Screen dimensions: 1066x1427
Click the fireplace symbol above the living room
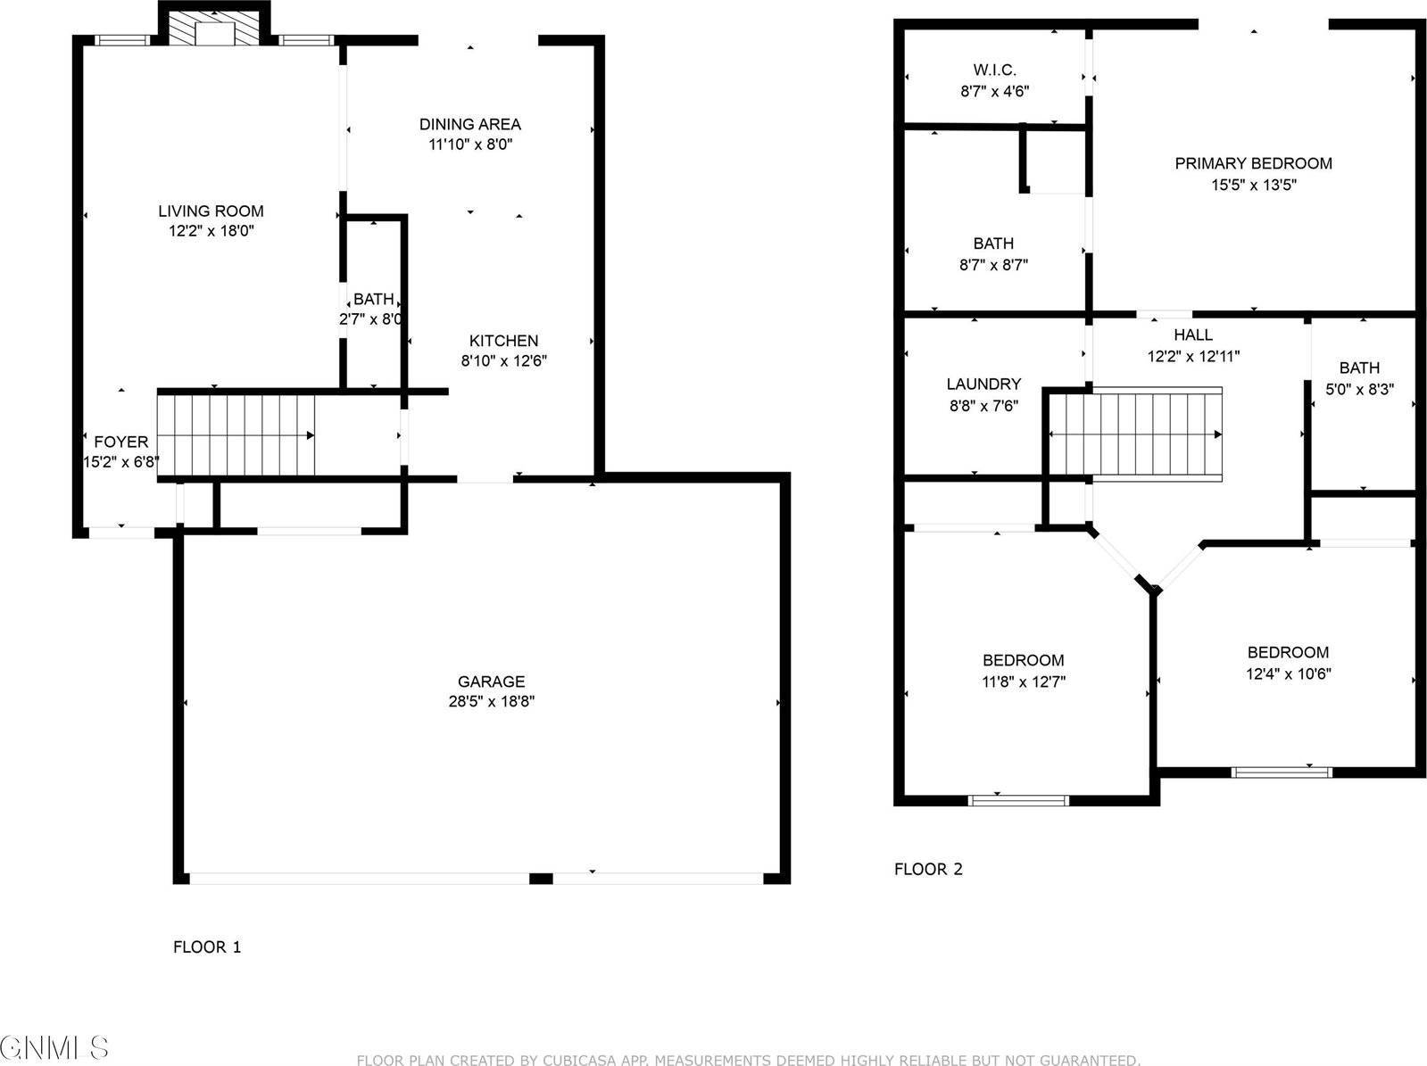213,29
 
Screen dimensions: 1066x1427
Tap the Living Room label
211,211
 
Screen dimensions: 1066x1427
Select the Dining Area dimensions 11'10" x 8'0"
470,145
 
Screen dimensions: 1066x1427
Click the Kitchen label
503,341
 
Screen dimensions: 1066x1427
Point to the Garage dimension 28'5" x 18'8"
491,702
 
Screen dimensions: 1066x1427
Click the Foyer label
121,442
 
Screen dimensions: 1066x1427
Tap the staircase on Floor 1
236,435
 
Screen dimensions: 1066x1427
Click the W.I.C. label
994,70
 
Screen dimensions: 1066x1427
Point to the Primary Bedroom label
1253,163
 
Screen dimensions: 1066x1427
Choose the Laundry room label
983,384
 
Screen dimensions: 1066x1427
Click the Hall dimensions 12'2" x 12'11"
1193,356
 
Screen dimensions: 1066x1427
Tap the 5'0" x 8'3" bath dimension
1359,389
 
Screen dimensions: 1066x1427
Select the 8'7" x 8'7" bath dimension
994,265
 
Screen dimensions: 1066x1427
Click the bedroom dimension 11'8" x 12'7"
1024,682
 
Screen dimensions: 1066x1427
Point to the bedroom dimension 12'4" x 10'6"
1288,674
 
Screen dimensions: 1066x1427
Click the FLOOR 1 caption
207,947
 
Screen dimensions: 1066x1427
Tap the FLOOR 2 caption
928,869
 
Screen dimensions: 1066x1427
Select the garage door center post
541,879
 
